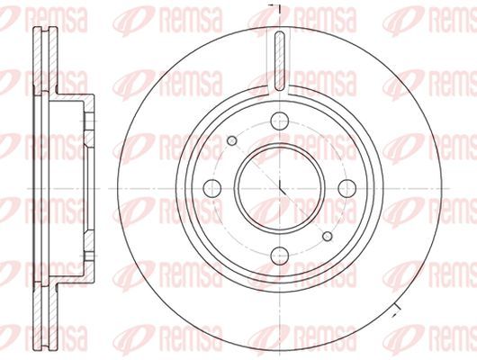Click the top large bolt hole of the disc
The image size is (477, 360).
coord(280,121)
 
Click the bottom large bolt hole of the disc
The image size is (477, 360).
coord(280,256)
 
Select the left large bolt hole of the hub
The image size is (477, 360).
coord(212,188)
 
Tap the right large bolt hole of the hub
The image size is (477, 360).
coord(347,188)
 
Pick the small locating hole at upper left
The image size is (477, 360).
coord(232,140)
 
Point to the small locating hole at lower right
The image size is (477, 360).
coord(328,236)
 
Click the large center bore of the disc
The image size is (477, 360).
coord(280,188)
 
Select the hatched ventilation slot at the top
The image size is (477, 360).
coord(280,61)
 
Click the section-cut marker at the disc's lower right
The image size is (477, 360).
coord(396,310)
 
